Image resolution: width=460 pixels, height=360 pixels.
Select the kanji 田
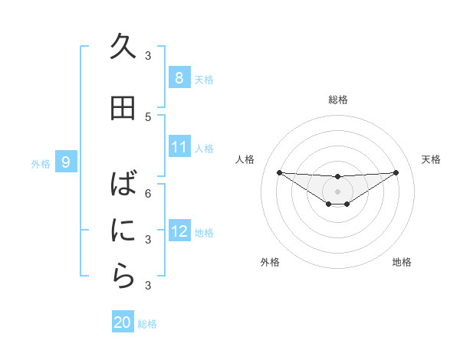[123, 108]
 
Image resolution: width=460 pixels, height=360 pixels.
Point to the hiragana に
[123, 230]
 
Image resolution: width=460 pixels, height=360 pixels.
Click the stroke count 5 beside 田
[148, 116]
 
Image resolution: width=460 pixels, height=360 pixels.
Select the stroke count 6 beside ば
[148, 193]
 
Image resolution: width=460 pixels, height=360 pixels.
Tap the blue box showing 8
[179, 77]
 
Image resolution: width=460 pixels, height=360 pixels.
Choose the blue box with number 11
[179, 146]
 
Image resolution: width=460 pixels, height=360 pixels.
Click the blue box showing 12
[179, 231]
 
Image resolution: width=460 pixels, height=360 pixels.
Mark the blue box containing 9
[66, 162]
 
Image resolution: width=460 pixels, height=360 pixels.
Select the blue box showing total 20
[123, 322]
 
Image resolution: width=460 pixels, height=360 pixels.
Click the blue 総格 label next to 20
[147, 324]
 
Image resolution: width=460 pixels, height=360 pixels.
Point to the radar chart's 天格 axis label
[431, 159]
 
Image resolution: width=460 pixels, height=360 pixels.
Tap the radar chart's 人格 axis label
[245, 159]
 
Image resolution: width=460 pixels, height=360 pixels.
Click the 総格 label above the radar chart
[337, 100]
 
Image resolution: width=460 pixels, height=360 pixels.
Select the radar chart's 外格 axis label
[270, 262]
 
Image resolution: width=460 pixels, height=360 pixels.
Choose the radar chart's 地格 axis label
[402, 262]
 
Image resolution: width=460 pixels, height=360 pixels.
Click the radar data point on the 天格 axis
[396, 172]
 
